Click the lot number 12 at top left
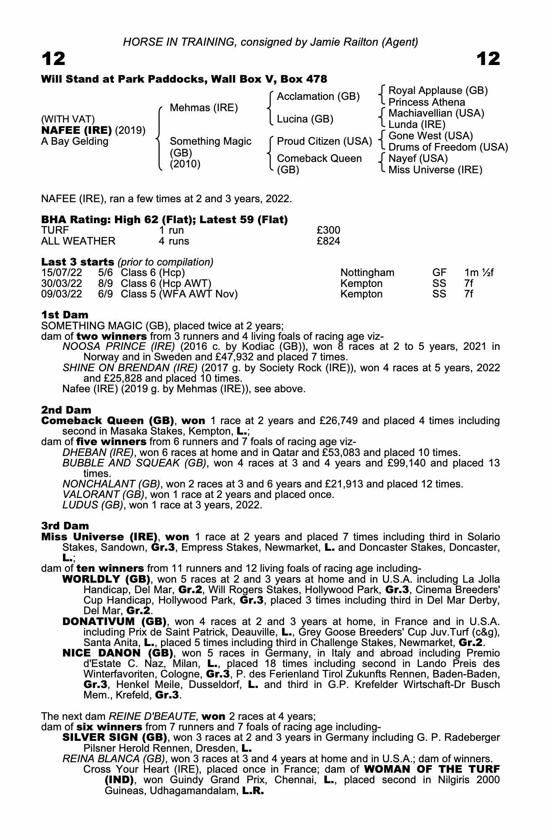click(x=53, y=59)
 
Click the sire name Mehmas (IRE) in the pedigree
click(x=203, y=108)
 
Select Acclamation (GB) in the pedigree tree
click(x=318, y=96)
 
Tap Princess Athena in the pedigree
click(x=426, y=102)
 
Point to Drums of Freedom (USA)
click(x=448, y=147)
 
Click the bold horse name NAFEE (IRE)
click(x=77, y=130)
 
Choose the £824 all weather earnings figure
click(x=328, y=241)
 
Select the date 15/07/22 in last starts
click(x=61, y=273)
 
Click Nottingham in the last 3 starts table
click(x=367, y=273)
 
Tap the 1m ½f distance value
click(x=478, y=273)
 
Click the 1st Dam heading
click(x=65, y=315)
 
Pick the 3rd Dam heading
click(x=65, y=526)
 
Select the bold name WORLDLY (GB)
click(x=106, y=579)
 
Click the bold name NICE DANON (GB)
click(x=117, y=653)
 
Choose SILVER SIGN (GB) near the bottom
click(x=114, y=737)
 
